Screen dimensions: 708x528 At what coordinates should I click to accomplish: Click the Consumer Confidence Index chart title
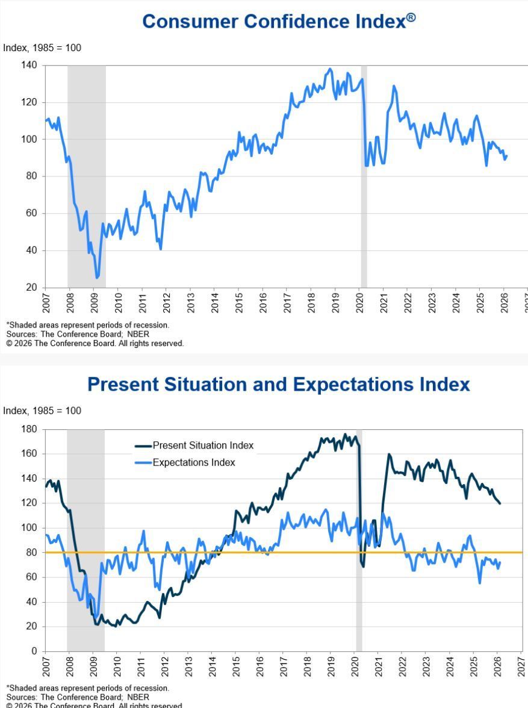[x=275, y=22]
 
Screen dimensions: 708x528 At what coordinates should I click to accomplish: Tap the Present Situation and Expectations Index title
[x=278, y=384]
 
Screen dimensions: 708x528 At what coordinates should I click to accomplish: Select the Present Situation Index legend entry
[x=203, y=446]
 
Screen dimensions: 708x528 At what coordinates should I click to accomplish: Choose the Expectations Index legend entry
[x=193, y=462]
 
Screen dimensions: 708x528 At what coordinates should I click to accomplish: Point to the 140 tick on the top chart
[x=29, y=65]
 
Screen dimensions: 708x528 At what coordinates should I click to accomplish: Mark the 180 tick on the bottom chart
[x=29, y=429]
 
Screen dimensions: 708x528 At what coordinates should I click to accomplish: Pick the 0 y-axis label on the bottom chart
[x=34, y=651]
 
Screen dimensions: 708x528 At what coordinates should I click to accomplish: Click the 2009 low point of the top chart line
[x=97, y=278]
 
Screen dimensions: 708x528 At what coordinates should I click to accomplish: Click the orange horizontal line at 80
[x=283, y=552]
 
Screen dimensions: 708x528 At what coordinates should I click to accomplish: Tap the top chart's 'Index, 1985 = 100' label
[x=42, y=48]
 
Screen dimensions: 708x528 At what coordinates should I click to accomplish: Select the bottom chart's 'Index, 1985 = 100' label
[x=42, y=411]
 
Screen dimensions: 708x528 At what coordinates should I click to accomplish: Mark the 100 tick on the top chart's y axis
[x=29, y=139]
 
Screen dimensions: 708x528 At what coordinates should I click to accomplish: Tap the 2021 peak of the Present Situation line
[x=389, y=454]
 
